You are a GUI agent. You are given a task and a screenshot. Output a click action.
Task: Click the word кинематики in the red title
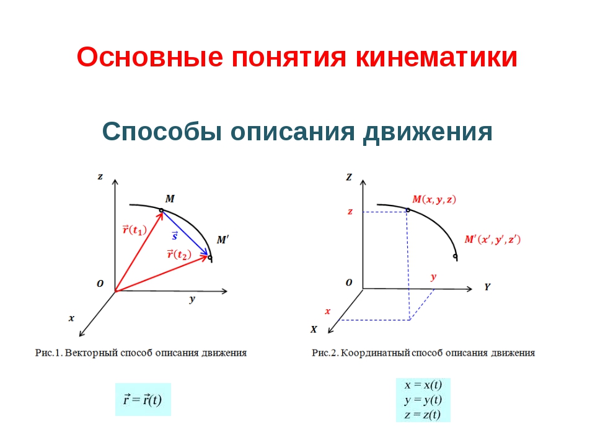[x=436, y=57]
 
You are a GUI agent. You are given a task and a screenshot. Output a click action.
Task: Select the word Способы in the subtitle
[x=162, y=132]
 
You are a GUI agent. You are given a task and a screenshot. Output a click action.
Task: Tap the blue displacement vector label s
[x=175, y=236]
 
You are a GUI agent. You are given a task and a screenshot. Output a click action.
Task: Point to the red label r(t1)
[x=134, y=230]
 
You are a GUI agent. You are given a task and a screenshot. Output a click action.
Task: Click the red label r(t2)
[x=179, y=254]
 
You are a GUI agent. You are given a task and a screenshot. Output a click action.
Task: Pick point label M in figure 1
[x=170, y=199]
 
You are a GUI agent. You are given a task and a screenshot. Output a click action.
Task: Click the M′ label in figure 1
[x=223, y=240]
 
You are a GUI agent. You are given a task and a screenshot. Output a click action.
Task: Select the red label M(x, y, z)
[x=434, y=199]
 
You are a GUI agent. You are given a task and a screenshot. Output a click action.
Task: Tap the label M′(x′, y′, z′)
[x=493, y=240]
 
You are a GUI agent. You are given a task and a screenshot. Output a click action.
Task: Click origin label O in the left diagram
[x=100, y=284]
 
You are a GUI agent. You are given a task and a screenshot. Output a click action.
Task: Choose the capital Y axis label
[x=487, y=287]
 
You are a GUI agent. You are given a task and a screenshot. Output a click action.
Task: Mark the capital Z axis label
[x=349, y=177]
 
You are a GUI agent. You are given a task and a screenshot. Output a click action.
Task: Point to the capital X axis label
[x=314, y=330]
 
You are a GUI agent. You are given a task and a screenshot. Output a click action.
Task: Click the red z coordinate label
[x=350, y=211]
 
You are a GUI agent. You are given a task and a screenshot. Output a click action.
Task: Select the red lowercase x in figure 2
[x=327, y=311]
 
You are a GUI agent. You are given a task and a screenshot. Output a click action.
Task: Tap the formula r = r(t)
[x=143, y=399]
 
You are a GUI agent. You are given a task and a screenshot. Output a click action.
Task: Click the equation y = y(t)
[x=423, y=399]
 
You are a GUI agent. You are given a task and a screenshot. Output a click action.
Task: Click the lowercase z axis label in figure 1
[x=100, y=176]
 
